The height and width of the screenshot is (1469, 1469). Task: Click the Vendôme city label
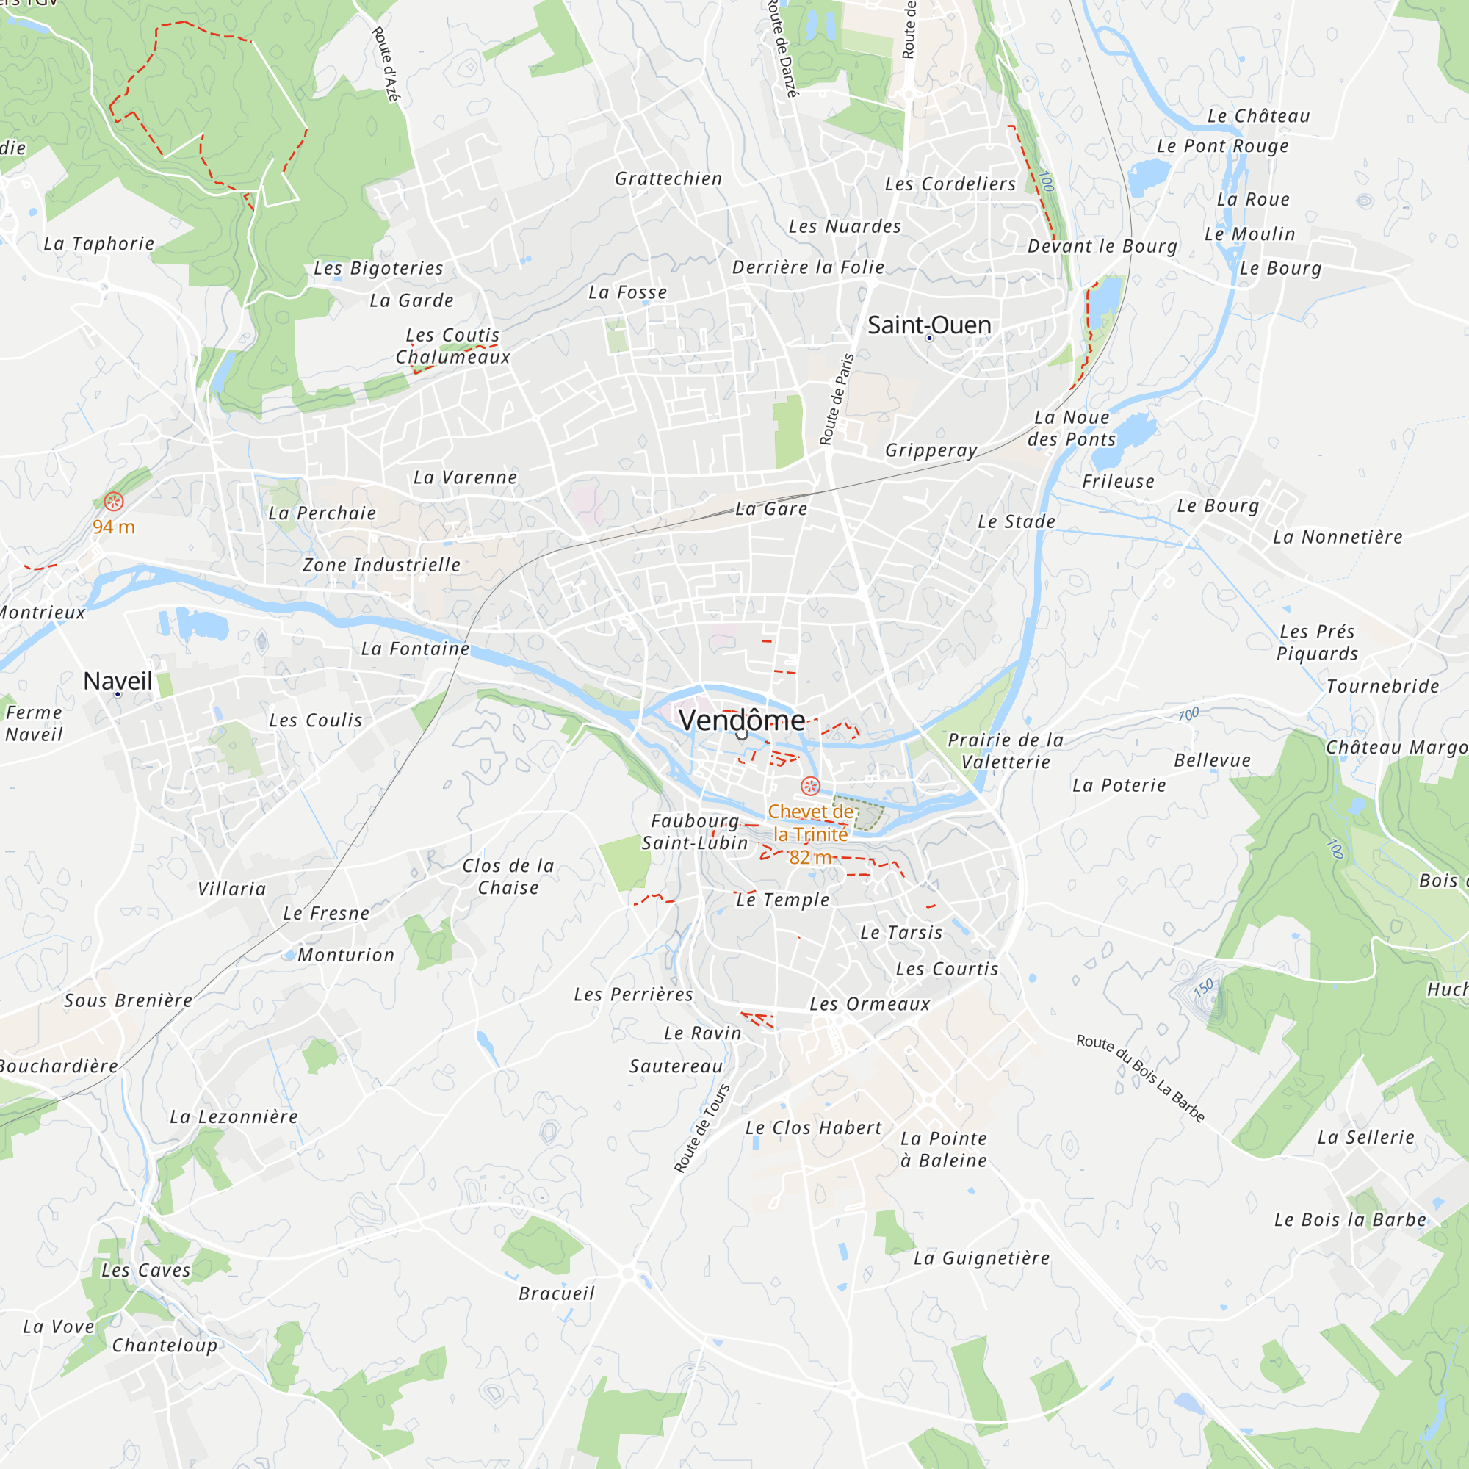(x=741, y=720)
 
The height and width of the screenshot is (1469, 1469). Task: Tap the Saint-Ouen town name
(x=929, y=325)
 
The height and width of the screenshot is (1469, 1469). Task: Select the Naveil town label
(x=118, y=681)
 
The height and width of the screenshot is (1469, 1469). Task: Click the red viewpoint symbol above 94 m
(x=114, y=501)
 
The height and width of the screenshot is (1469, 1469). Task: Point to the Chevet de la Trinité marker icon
(x=811, y=786)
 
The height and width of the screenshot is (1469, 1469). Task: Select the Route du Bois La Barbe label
(x=1140, y=1078)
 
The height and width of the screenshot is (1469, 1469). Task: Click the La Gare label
(x=771, y=509)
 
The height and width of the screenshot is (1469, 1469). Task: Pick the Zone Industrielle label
(x=382, y=565)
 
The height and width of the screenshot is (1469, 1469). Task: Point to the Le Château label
(x=1258, y=116)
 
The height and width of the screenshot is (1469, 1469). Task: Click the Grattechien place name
(x=668, y=178)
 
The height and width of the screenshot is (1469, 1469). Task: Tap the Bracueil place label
(x=557, y=1293)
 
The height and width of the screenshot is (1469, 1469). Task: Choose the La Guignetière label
(x=981, y=1258)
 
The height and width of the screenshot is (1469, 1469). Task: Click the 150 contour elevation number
(x=1204, y=989)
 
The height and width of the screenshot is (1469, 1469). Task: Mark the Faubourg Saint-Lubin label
(x=695, y=832)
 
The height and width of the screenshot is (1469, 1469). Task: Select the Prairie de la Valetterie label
(x=1006, y=751)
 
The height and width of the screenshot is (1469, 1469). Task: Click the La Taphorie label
(x=99, y=243)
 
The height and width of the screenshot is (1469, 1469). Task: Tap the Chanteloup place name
(x=165, y=1345)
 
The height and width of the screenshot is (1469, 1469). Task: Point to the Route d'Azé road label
(x=386, y=65)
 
